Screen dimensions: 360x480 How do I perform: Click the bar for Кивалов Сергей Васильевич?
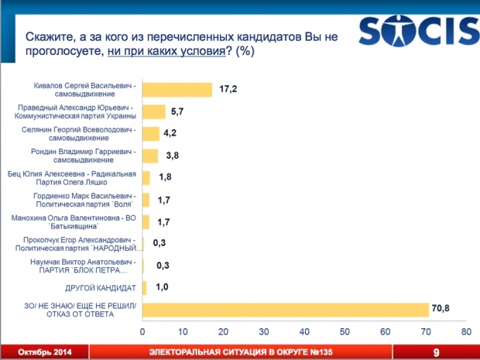(x=177, y=90)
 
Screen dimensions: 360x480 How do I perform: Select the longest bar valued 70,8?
(x=286, y=310)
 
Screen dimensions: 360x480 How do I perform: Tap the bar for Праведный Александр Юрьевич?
(x=154, y=111)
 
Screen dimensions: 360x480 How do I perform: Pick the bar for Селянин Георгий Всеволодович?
(x=151, y=134)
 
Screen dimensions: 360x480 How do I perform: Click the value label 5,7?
(x=176, y=111)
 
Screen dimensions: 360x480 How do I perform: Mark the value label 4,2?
(x=170, y=134)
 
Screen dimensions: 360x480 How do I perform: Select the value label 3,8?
(x=168, y=156)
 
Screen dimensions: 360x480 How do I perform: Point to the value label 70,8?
(x=441, y=310)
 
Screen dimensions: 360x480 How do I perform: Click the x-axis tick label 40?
(x=304, y=332)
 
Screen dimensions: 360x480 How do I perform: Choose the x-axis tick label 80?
(x=466, y=332)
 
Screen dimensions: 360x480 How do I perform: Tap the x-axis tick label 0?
(x=142, y=332)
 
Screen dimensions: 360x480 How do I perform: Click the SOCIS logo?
(x=418, y=33)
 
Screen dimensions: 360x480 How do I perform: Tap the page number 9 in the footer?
(x=437, y=352)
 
